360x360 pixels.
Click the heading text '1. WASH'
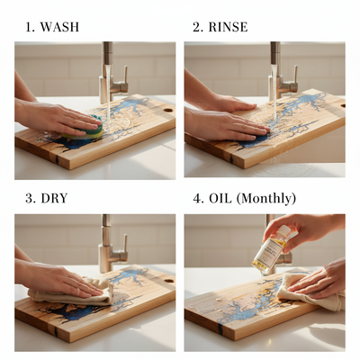[x=52, y=27]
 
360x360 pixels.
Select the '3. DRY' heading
[x=46, y=198]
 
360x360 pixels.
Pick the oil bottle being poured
[x=271, y=251]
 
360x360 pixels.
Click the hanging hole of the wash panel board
[x=166, y=109]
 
